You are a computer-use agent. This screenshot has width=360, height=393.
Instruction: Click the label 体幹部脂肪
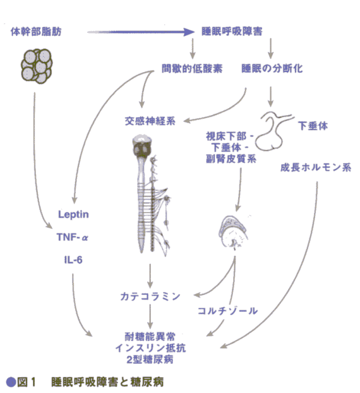[36, 32]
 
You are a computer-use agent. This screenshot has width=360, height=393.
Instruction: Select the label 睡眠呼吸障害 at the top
[232, 32]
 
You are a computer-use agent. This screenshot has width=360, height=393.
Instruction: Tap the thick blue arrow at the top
[141, 32]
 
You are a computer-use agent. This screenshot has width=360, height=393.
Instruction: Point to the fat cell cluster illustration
[37, 66]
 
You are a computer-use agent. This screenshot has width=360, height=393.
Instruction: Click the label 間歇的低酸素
[192, 68]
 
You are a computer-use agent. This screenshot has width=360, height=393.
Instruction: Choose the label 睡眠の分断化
[272, 68]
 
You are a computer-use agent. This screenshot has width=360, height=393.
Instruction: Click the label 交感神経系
[150, 121]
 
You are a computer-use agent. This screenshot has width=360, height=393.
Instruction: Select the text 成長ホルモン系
[316, 167]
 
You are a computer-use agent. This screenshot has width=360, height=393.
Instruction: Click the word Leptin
[73, 215]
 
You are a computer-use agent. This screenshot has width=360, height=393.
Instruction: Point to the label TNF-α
[73, 237]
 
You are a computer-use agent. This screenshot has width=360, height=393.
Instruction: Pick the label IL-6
[73, 260]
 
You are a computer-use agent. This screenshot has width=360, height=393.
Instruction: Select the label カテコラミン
[150, 296]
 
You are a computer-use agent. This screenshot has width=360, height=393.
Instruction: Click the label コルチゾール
[228, 311]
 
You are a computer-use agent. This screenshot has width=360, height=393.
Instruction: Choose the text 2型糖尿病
[150, 360]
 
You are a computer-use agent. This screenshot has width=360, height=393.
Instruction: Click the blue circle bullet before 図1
[11, 382]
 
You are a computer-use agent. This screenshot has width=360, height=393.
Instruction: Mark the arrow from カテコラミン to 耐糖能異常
[150, 317]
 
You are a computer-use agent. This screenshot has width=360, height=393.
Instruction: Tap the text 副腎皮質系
[231, 159]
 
